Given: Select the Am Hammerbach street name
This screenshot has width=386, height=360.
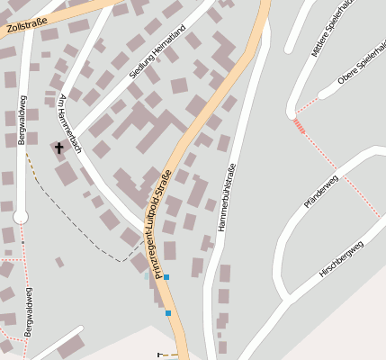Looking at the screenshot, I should click(69, 122).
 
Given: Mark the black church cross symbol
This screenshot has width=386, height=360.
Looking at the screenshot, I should click(60, 148).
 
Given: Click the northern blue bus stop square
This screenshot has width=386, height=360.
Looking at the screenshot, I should click(166, 277).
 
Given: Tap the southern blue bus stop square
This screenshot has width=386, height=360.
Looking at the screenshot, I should click(168, 313).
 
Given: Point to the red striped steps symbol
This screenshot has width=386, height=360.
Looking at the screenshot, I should click(300, 131).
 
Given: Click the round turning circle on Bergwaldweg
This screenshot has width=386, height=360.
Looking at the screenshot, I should click(21, 217).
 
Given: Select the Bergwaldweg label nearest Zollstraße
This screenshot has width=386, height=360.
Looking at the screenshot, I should click(22, 120).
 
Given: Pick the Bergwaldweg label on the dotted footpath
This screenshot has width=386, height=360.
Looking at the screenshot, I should click(29, 310).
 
